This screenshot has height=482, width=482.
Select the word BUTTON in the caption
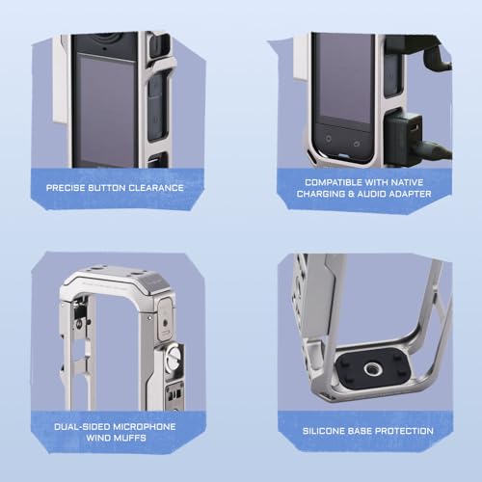click(x=107, y=188)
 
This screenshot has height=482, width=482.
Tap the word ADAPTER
click(x=412, y=194)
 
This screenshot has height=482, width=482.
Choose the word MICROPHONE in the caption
click(x=145, y=427)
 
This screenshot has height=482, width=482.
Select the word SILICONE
click(x=324, y=431)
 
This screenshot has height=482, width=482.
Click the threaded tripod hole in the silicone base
click(x=373, y=368)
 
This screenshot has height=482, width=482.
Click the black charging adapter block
click(x=404, y=138)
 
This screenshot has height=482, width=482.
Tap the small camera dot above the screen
click(x=105, y=49)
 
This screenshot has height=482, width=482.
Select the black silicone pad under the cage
click(x=373, y=368)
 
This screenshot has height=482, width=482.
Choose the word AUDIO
click(x=373, y=194)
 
